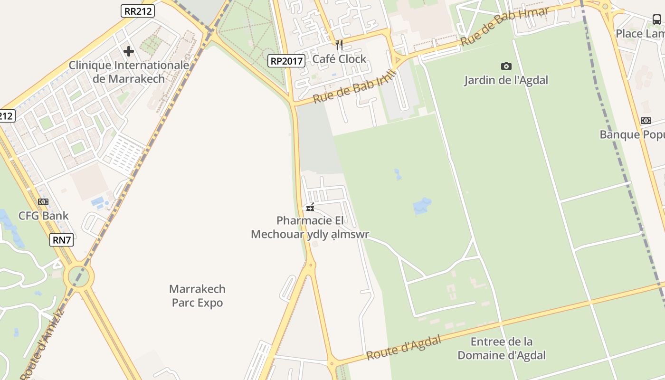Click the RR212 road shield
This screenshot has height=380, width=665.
coord(138,11)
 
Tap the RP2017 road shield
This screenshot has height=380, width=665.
coord(286,61)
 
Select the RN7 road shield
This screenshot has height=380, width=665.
coord(62,240)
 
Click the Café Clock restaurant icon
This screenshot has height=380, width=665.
coord(339,45)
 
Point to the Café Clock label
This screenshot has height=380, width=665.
coord(339,59)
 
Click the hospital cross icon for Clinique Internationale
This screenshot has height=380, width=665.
coord(128,51)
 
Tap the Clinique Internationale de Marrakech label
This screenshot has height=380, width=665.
coord(129,72)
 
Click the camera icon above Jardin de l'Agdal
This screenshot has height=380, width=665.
coord(506,66)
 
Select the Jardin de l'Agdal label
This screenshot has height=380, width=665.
coord(506,80)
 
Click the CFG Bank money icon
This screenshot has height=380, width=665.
coord(43,202)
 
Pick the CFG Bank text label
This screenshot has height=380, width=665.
coord(43,216)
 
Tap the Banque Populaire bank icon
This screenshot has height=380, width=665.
coord(646,121)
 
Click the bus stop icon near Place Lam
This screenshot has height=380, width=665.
coord(657,19)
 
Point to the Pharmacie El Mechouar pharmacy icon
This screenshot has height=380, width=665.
coord(310,208)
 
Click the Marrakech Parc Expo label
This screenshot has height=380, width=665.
coord(197,295)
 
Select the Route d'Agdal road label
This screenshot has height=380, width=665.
coord(403,347)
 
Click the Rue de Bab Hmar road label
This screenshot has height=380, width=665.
coord(505,27)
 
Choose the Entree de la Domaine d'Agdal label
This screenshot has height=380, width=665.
coord(501,348)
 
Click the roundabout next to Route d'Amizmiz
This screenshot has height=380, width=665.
coord(79,276)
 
